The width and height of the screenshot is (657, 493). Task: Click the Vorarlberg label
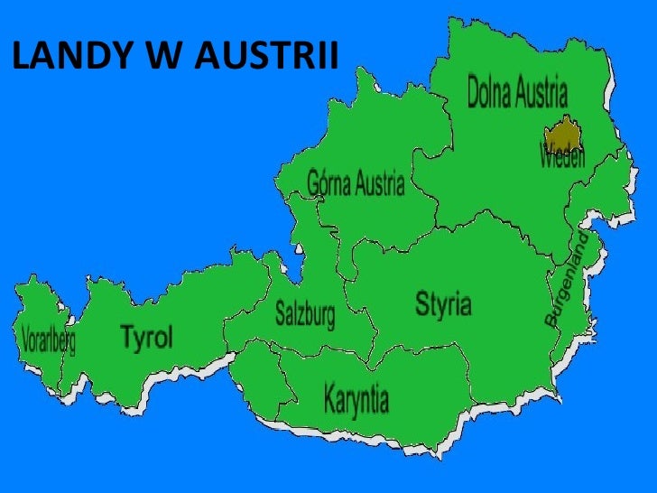point(47,341)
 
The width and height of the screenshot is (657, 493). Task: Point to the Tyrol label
point(145,339)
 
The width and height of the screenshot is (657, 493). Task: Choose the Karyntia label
point(356,397)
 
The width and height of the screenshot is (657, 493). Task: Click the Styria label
point(442,304)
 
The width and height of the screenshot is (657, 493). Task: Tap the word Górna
point(328,184)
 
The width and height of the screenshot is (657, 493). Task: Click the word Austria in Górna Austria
point(379,185)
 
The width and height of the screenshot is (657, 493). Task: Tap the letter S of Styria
point(421,304)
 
